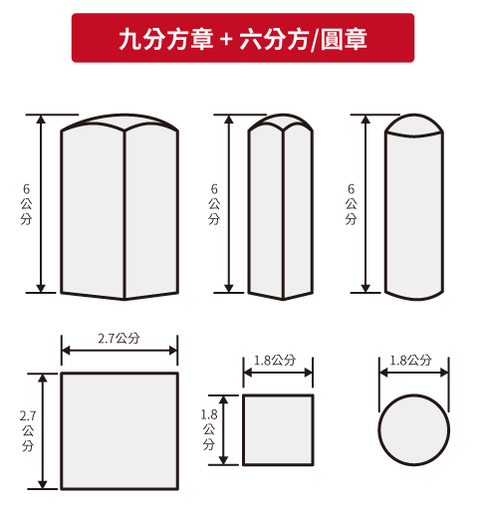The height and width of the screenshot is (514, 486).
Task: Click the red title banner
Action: (243, 38)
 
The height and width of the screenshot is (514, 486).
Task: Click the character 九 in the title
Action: (130, 39)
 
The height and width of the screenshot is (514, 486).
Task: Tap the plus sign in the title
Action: (226, 40)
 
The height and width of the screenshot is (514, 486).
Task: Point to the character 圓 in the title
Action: (331, 39)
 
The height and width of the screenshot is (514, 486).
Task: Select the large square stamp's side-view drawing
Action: (120, 207)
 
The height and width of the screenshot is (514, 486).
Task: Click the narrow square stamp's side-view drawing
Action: (281, 207)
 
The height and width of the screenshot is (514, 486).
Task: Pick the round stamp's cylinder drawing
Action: (414, 207)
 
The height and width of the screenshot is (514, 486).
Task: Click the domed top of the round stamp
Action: (414, 124)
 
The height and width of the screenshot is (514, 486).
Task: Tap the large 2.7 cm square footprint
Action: (120, 431)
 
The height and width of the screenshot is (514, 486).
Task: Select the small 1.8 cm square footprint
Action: (278, 430)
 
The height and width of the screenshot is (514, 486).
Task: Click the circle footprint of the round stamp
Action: (414, 430)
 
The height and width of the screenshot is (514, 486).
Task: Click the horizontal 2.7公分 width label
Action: (119, 339)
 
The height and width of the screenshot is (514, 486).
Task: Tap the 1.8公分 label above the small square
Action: (275, 361)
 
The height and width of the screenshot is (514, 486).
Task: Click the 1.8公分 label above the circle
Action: (410, 361)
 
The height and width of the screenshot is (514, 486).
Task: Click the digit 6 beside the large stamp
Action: (26, 189)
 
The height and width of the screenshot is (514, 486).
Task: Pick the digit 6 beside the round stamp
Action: (351, 189)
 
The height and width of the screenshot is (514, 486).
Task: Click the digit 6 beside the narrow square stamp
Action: (214, 189)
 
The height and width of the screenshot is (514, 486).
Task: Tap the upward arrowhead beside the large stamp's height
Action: (41, 119)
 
